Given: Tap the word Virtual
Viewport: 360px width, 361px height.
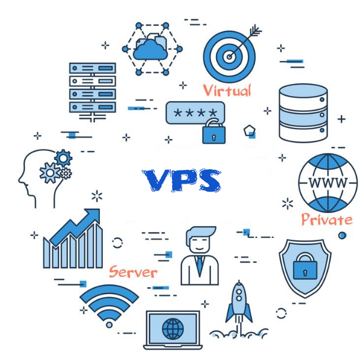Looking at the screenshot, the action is [x=227, y=91].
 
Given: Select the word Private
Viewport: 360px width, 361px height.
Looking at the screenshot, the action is [x=326, y=220].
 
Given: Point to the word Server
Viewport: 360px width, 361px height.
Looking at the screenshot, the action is [x=133, y=272].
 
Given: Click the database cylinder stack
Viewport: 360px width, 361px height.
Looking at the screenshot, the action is [x=302, y=113].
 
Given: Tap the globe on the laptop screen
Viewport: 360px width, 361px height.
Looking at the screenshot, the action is [x=173, y=327].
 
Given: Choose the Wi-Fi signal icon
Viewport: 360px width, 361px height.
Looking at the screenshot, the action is [x=109, y=304].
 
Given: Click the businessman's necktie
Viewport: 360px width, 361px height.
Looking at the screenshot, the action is [x=199, y=263].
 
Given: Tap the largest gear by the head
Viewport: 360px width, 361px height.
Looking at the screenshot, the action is [x=49, y=173].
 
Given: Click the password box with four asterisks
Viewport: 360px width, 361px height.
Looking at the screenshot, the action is [x=194, y=112].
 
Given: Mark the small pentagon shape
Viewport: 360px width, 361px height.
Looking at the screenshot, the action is [x=249, y=130].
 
